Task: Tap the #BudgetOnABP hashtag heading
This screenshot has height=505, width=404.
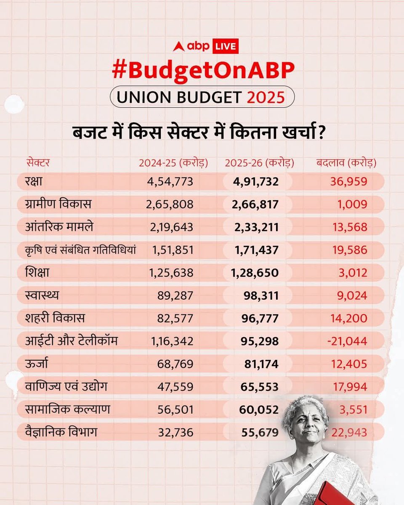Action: coord(202,70)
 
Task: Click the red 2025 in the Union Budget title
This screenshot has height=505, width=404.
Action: coord(266,98)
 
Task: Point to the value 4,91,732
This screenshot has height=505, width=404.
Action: coord(255,182)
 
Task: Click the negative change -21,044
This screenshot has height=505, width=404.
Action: coord(346,341)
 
